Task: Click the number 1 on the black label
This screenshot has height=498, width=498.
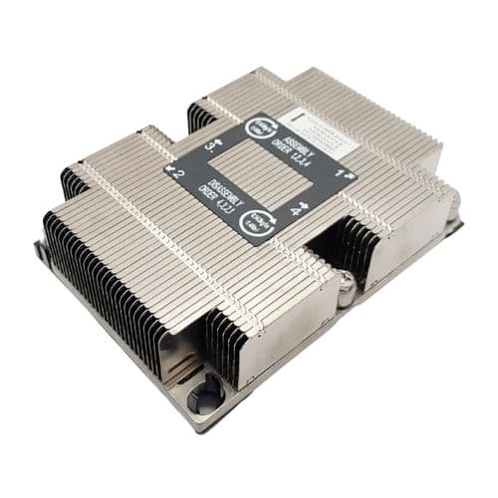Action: coord(341,173)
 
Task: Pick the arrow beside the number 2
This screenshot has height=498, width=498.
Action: coord(172,173)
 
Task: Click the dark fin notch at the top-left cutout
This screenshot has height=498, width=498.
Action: coord(199,115)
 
